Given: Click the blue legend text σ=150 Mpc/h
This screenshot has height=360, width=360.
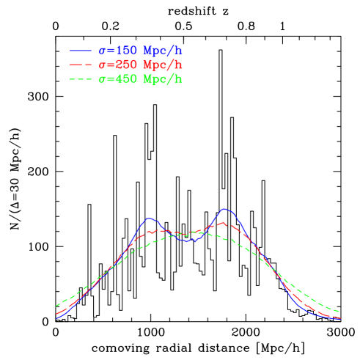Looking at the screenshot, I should (140, 51).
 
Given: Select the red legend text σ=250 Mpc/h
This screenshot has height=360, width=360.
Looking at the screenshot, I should (140, 65).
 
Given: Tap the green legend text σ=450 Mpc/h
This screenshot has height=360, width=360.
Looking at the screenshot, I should (140, 79).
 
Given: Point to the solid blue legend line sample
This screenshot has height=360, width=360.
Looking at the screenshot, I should (81, 51).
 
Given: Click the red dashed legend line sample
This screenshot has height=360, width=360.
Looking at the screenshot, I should (81, 65).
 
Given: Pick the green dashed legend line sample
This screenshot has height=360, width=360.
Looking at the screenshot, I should (81, 79).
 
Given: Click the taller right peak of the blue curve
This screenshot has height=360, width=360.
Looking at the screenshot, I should (225, 209).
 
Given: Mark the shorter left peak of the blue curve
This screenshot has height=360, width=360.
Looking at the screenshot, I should (150, 218).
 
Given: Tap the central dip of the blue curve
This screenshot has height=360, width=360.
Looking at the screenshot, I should (188, 240).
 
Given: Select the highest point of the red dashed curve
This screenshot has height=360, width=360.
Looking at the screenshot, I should (222, 222).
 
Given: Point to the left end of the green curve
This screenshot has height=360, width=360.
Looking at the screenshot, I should (56, 306).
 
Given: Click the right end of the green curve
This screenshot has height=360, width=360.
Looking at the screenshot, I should (339, 312).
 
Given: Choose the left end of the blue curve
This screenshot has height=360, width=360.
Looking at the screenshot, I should (56, 318).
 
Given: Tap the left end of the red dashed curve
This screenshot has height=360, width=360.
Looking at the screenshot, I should (56, 314).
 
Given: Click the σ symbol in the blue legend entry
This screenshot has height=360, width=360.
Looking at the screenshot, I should (102, 51).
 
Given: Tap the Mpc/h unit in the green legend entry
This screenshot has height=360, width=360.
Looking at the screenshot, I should (163, 79).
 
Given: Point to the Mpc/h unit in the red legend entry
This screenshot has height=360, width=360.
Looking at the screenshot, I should (163, 65).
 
